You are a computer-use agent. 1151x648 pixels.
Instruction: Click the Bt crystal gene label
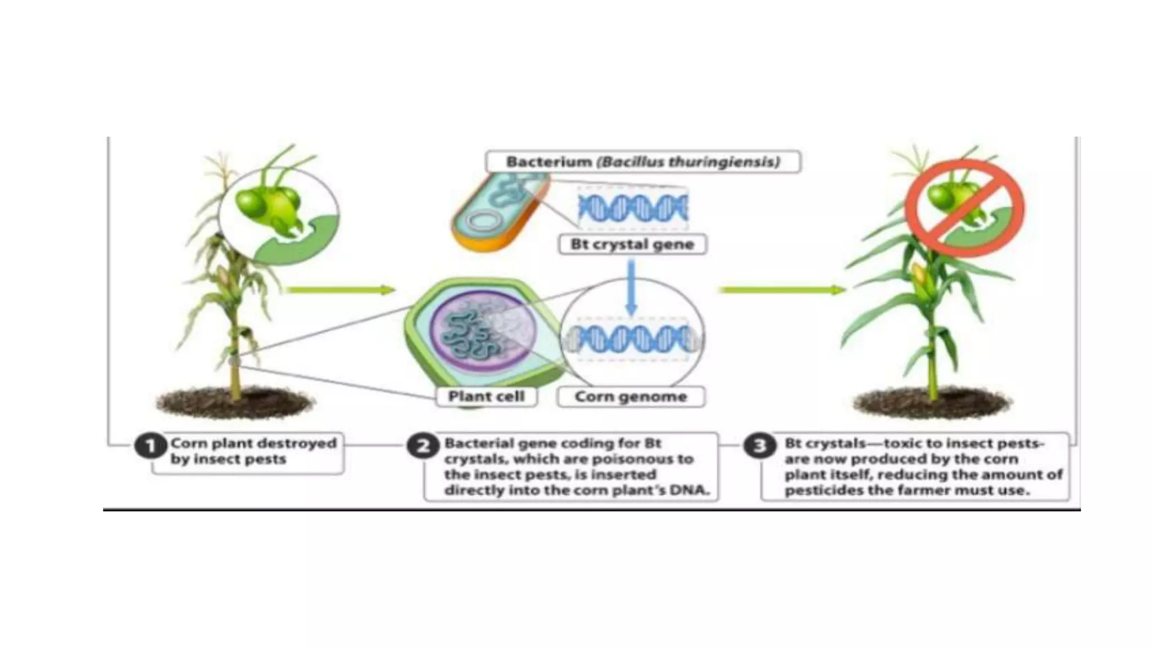[x=632, y=245]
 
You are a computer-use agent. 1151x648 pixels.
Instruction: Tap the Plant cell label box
[x=487, y=397]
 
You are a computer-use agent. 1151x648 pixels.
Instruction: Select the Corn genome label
[x=631, y=397]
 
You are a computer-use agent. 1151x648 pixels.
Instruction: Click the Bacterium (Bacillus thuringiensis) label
[x=643, y=162]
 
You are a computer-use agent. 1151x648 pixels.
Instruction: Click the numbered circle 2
[x=423, y=447]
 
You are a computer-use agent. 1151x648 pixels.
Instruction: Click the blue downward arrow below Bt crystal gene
[x=632, y=287]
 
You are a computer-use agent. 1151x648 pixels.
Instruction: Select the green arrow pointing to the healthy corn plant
[x=782, y=290]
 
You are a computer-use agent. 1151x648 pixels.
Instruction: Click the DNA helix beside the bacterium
[x=633, y=209]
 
